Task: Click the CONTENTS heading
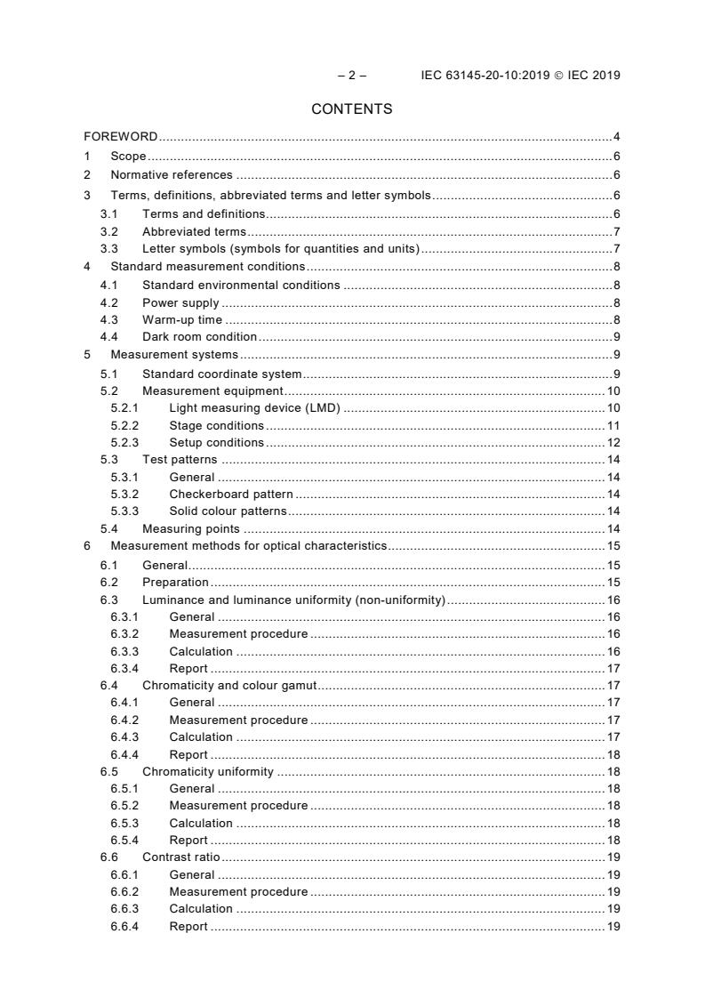(352, 109)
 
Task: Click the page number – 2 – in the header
(352, 76)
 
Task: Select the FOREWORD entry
(121, 137)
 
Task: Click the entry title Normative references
(172, 175)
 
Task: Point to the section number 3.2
(108, 231)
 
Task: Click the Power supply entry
(180, 302)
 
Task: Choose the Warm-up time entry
(182, 319)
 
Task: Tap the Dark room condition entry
(199, 336)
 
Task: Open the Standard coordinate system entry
(222, 374)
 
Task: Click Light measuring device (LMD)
(255, 408)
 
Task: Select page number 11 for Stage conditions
(613, 425)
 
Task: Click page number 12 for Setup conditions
(613, 442)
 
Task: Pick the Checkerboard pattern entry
(231, 494)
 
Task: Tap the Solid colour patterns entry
(228, 511)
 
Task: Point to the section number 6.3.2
(124, 634)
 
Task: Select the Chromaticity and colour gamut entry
(230, 685)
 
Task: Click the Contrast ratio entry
(181, 857)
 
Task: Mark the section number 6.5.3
(124, 823)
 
